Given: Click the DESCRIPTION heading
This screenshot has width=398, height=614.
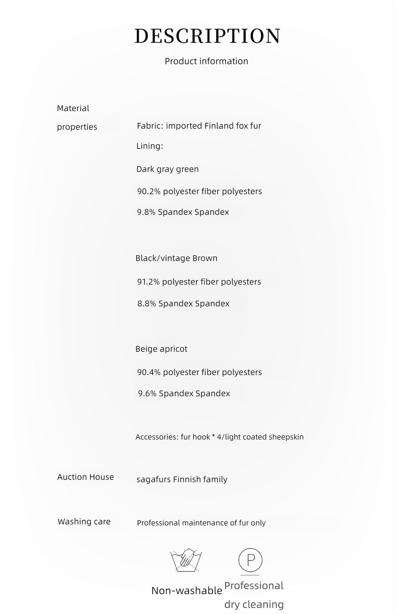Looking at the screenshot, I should (x=208, y=36).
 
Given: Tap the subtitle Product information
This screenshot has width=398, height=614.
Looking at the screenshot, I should (x=206, y=61).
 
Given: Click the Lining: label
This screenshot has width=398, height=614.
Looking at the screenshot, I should (x=150, y=146).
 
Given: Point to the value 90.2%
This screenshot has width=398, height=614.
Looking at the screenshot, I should (x=149, y=191).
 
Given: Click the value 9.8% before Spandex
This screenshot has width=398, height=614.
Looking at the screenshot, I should (x=146, y=212).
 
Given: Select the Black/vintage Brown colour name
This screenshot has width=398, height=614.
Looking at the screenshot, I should (x=176, y=258).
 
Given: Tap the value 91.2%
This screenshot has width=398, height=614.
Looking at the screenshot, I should (x=148, y=282).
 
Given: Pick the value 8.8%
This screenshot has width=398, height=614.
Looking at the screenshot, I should (x=147, y=304).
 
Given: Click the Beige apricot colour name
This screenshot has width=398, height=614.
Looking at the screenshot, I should (x=161, y=349).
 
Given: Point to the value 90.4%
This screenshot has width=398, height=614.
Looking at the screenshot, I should (x=149, y=372).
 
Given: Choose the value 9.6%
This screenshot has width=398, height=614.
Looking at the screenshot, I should (x=147, y=394).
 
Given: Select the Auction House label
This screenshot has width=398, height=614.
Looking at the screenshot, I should (x=85, y=477).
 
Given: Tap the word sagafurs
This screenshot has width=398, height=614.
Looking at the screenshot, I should (x=154, y=479).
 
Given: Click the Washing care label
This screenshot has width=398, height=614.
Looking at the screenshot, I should (x=84, y=522).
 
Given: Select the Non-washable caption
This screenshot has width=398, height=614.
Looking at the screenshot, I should (x=186, y=590).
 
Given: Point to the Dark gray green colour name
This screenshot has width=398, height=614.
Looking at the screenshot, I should (x=167, y=169).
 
